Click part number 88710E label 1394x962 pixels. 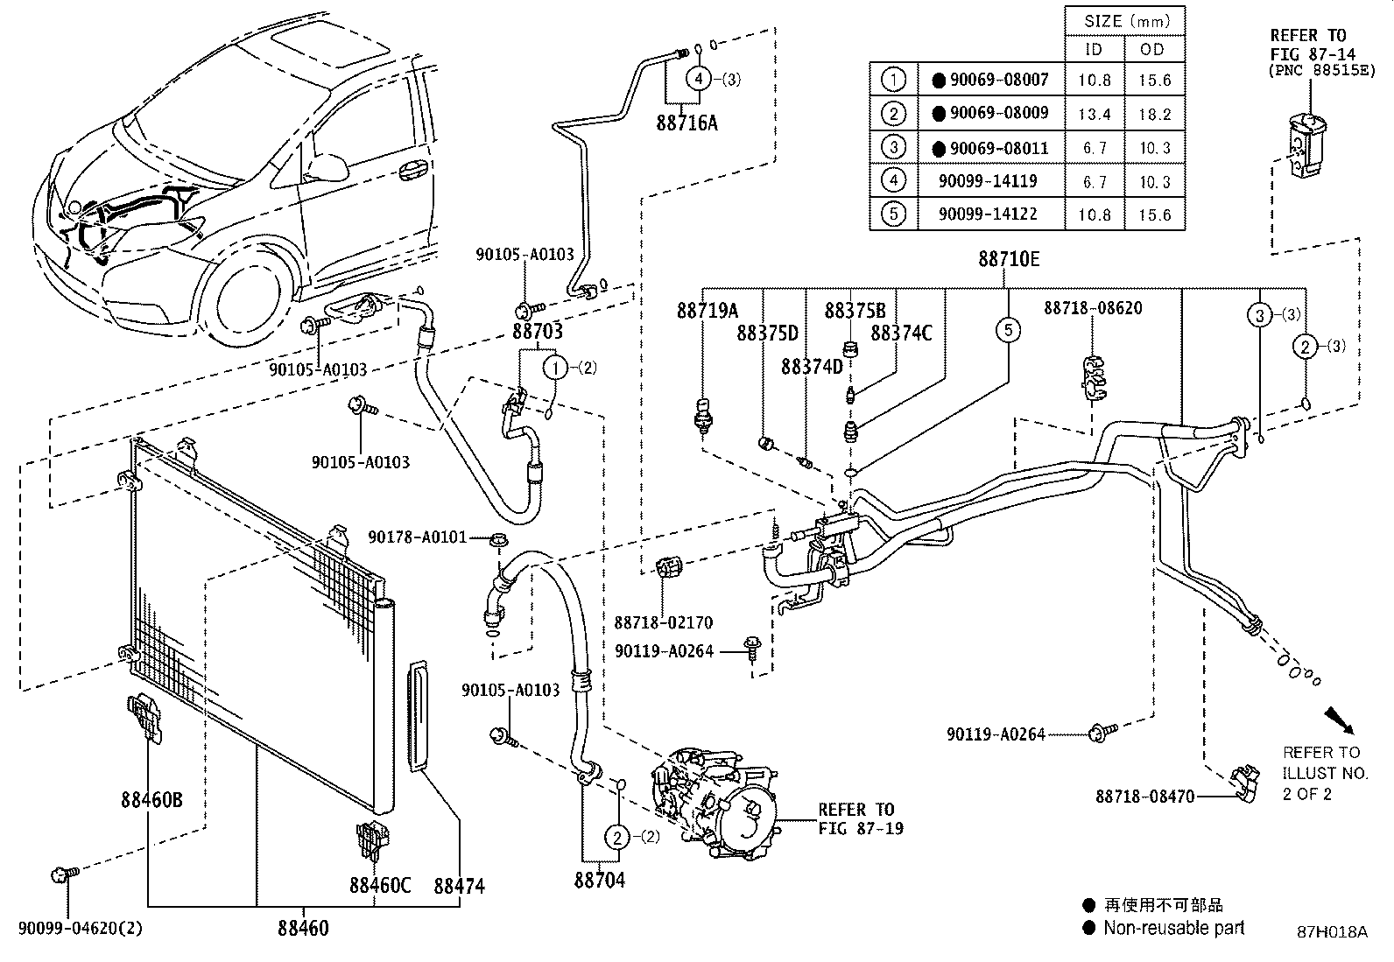(x=1009, y=260)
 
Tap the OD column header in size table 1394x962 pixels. (x=1153, y=49)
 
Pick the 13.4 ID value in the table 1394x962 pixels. (x=1095, y=114)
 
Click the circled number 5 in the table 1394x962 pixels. (x=893, y=214)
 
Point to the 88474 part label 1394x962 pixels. (x=459, y=886)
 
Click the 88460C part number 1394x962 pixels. (x=380, y=885)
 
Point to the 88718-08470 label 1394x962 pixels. (x=1144, y=797)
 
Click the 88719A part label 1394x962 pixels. (x=707, y=311)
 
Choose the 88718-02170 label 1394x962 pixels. (x=663, y=622)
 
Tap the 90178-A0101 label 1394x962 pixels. (x=418, y=537)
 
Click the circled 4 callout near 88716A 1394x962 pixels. (x=698, y=79)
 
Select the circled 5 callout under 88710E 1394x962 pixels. (x=1008, y=330)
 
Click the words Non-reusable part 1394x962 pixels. (x=1173, y=928)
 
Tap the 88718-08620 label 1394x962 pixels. (x=1093, y=308)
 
